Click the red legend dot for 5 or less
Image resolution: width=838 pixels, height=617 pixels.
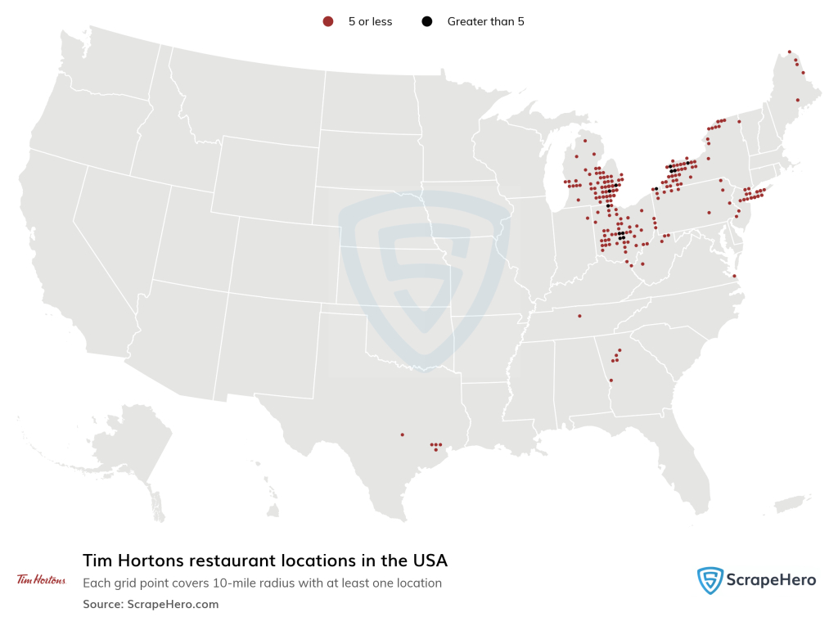click(x=328, y=22)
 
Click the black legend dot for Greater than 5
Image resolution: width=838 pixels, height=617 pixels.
click(x=426, y=22)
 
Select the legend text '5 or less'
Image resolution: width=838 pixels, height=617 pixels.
click(x=370, y=22)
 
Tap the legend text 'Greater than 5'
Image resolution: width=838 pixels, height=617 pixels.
click(x=485, y=22)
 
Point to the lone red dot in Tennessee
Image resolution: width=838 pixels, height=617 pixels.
click(x=579, y=316)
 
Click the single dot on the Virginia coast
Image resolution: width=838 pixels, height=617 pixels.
click(x=734, y=276)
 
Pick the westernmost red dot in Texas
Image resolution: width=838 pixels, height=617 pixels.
click(x=402, y=435)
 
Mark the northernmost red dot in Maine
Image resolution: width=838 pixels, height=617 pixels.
click(x=789, y=52)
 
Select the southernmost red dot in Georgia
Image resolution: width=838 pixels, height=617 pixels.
click(x=610, y=381)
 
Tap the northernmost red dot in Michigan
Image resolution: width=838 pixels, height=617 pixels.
click(x=585, y=141)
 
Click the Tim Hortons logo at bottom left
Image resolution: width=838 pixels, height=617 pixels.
click(x=41, y=579)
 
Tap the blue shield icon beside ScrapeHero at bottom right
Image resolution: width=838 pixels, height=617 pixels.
click(x=710, y=580)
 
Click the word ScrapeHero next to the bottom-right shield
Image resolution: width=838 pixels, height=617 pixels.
click(x=770, y=580)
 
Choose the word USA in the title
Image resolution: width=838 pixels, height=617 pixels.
click(x=428, y=561)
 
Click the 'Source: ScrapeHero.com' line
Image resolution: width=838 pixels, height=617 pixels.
click(x=151, y=604)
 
